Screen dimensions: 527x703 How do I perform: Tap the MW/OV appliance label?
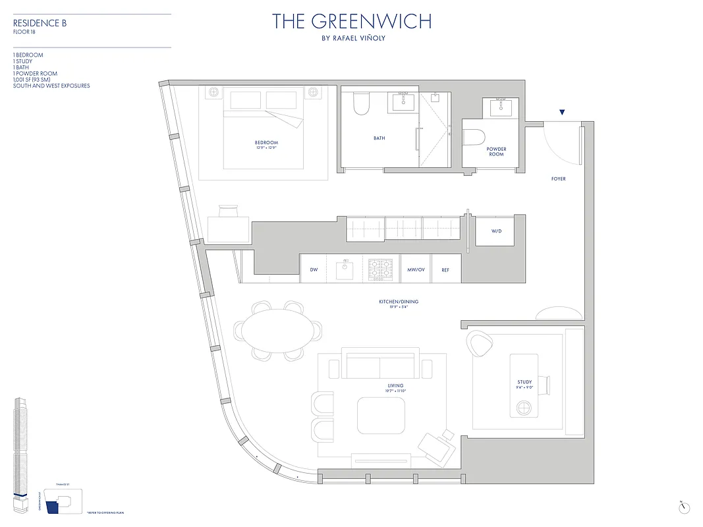(x=415, y=270)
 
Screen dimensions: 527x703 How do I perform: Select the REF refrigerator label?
(x=445, y=270)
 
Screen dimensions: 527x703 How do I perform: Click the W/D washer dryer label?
(x=496, y=232)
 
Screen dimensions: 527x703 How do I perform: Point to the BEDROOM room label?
(x=266, y=143)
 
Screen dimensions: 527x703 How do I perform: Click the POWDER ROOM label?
(x=496, y=152)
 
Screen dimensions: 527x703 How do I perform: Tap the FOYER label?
(x=559, y=179)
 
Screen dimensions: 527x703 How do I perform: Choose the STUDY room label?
(x=524, y=382)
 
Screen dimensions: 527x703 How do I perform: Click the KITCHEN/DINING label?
(x=399, y=302)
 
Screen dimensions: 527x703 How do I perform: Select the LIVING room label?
(x=395, y=386)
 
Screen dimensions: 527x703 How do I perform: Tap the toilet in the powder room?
(x=474, y=137)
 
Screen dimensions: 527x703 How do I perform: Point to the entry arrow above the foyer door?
(x=561, y=113)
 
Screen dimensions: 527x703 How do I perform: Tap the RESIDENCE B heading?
(x=40, y=23)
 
